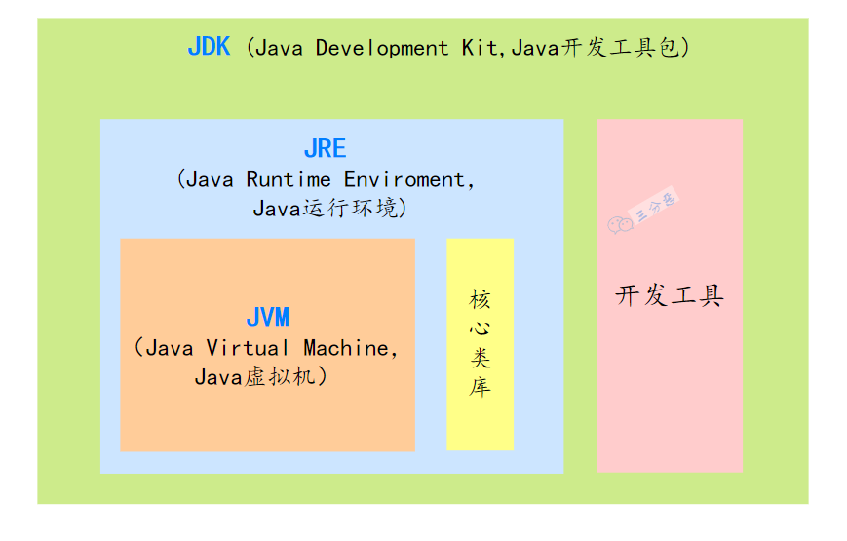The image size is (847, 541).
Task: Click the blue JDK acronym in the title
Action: [x=209, y=48]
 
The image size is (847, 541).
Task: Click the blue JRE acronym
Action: [x=325, y=149]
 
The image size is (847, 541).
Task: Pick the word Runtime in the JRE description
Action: [x=289, y=180]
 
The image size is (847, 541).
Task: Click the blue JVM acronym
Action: [x=267, y=318]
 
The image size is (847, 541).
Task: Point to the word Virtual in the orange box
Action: [x=248, y=348]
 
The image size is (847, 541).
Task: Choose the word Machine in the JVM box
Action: [x=346, y=348]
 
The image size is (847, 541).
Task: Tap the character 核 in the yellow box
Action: [x=480, y=297]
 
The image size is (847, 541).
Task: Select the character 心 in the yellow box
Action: [x=480, y=328]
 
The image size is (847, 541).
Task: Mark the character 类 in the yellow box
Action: [x=480, y=357]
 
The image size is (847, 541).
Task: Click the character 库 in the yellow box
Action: [x=480, y=387]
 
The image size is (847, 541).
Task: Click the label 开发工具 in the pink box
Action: [x=670, y=296]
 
